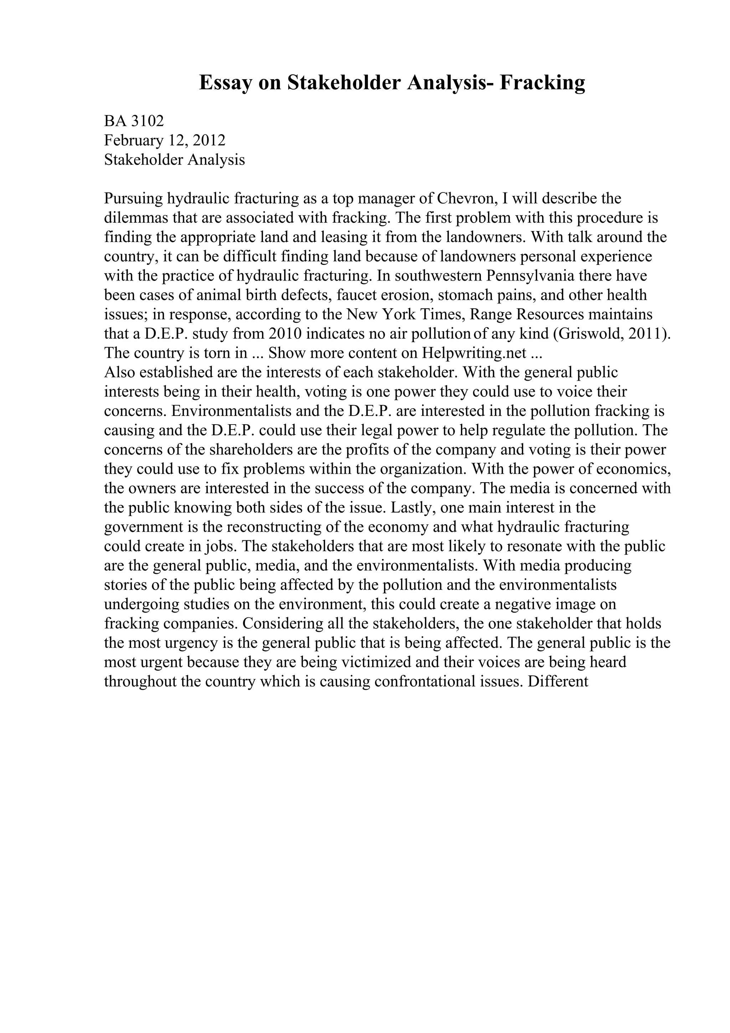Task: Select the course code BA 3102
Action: tap(134, 121)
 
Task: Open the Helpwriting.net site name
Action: tap(474, 353)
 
